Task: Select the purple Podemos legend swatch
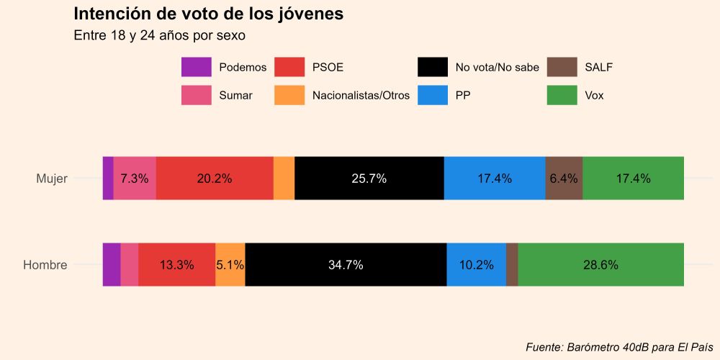[196, 67]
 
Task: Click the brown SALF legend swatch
[562, 67]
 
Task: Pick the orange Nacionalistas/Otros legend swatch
[289, 94]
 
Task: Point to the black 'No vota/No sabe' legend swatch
[432, 67]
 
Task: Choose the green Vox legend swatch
[562, 94]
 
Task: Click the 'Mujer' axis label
[52, 179]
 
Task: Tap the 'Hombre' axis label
[45, 265]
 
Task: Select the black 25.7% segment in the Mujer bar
[369, 179]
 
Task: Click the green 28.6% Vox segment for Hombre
[600, 265]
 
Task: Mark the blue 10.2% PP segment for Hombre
[476, 265]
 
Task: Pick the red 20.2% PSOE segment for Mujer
[215, 179]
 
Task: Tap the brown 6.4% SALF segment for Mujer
[564, 179]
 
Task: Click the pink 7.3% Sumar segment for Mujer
[135, 179]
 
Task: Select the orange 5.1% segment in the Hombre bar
[230, 265]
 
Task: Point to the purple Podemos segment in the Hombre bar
[112, 265]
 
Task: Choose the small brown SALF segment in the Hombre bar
[512, 265]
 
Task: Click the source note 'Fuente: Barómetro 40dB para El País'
[619, 346]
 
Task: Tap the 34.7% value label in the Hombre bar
[346, 265]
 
